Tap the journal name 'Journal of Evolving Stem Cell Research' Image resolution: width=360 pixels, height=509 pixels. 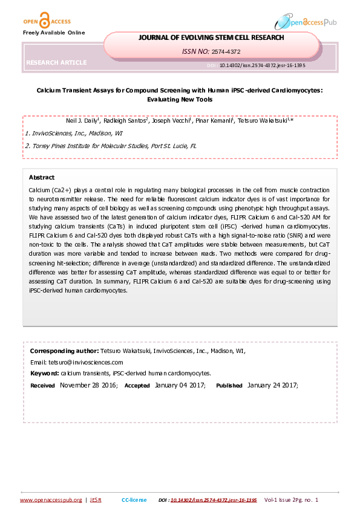click(211, 37)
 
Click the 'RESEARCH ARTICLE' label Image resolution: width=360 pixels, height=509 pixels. click(56, 62)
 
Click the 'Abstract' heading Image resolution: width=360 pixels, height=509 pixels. click(42, 177)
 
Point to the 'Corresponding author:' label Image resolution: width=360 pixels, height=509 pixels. click(64, 351)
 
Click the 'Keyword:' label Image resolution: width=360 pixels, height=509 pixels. click(44, 373)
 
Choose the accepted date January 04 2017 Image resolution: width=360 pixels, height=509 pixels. click(180, 385)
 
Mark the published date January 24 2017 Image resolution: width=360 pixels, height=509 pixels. click(272, 385)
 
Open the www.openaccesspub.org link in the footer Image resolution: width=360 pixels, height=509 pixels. click(51, 500)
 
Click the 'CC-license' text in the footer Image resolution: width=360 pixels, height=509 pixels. click(134, 500)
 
